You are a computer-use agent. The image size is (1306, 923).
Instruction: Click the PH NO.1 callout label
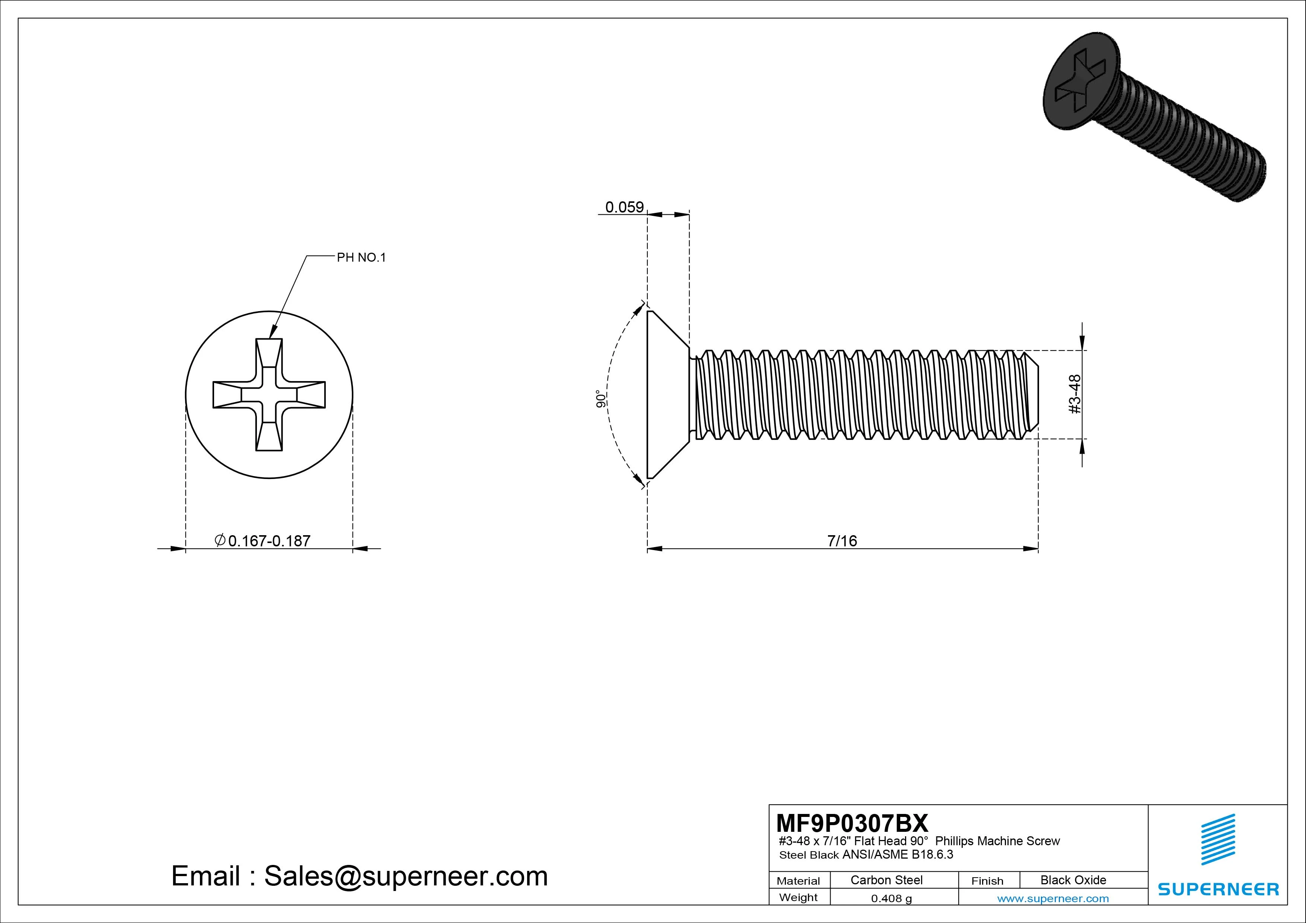[x=361, y=258]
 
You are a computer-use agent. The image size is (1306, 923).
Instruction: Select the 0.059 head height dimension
[x=624, y=207]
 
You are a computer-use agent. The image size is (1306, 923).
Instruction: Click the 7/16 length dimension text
[x=842, y=541]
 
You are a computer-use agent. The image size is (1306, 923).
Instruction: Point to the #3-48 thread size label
[x=1074, y=394]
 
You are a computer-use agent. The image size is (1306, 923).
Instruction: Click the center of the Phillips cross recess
[x=269, y=395]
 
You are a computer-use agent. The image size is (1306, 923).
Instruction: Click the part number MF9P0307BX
[x=851, y=823]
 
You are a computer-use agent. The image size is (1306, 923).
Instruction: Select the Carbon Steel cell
[x=886, y=880]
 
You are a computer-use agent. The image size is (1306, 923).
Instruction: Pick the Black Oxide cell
[x=1073, y=880]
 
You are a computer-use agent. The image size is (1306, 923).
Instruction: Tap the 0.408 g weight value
[x=891, y=898]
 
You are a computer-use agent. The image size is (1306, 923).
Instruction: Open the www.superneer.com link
[x=1053, y=898]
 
